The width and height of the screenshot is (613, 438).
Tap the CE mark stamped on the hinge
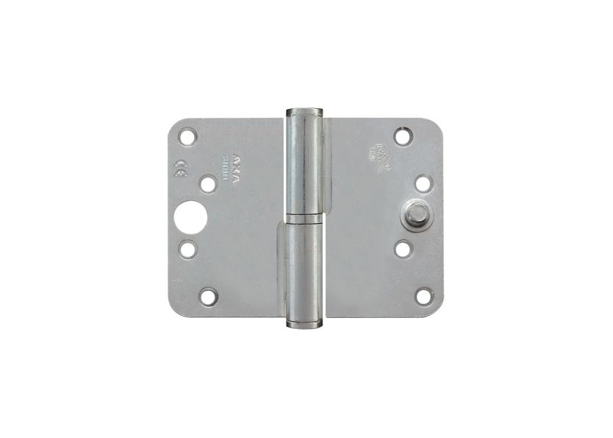pos(179,166)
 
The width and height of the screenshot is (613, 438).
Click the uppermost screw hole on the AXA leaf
pos(187,137)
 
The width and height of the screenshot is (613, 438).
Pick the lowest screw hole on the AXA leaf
pos(209,297)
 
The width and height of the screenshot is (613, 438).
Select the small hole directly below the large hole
pos(188,249)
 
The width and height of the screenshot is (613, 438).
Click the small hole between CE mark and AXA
pos(209,183)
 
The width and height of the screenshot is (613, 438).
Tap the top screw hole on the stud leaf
pos(402,136)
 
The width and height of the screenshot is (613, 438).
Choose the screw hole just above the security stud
pos(423,183)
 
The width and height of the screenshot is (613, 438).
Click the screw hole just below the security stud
pos(403,249)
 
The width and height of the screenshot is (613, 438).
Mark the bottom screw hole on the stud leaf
pos(423,296)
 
